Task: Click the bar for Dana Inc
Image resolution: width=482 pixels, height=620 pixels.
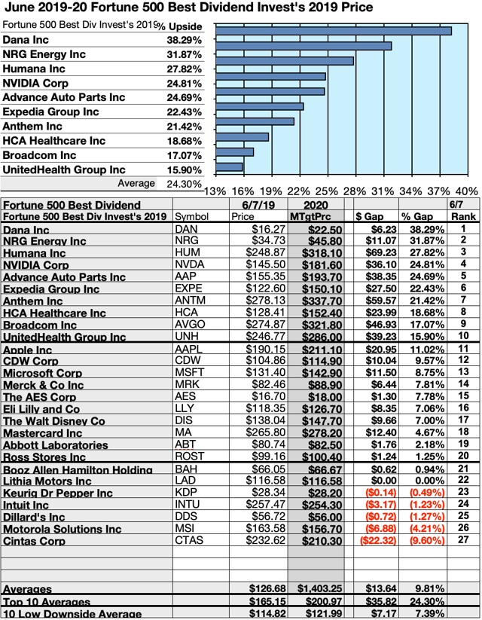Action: click(x=333, y=31)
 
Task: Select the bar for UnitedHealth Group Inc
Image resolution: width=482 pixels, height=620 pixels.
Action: click(x=229, y=166)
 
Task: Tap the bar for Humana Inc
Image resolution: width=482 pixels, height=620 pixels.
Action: click(x=284, y=61)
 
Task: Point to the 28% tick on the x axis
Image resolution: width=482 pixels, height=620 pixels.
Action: click(x=355, y=191)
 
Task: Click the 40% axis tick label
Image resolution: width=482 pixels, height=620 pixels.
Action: click(x=466, y=191)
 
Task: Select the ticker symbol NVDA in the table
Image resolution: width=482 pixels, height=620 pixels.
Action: click(x=191, y=264)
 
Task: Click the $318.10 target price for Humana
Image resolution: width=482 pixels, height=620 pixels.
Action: click(x=316, y=253)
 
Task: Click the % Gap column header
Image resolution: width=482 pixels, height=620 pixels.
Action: click(x=415, y=217)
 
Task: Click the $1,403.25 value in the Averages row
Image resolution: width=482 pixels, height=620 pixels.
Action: click(x=316, y=588)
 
